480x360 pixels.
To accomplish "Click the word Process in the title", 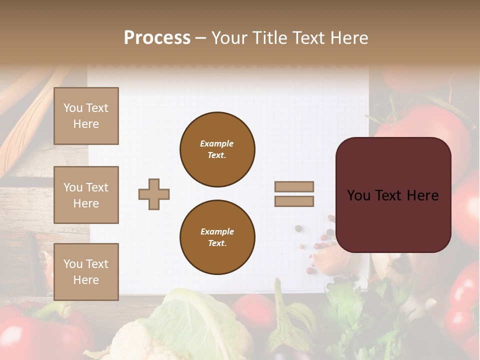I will click(x=157, y=38).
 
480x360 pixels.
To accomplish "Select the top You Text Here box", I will click(x=86, y=116).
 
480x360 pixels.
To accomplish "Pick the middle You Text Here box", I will click(x=86, y=195).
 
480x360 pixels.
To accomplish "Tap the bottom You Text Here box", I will click(x=86, y=272).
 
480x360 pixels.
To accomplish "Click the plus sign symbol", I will click(x=154, y=194).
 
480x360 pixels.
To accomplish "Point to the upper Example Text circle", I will click(x=217, y=149).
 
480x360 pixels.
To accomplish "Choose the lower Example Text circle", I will click(x=217, y=237).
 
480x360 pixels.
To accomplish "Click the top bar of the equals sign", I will click(x=294, y=187).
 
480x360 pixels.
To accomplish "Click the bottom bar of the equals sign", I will click(x=294, y=201).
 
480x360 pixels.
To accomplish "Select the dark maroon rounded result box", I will click(x=393, y=195).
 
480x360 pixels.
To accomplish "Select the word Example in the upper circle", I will click(x=217, y=143).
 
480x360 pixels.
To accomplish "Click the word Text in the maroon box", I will click(x=391, y=195).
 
